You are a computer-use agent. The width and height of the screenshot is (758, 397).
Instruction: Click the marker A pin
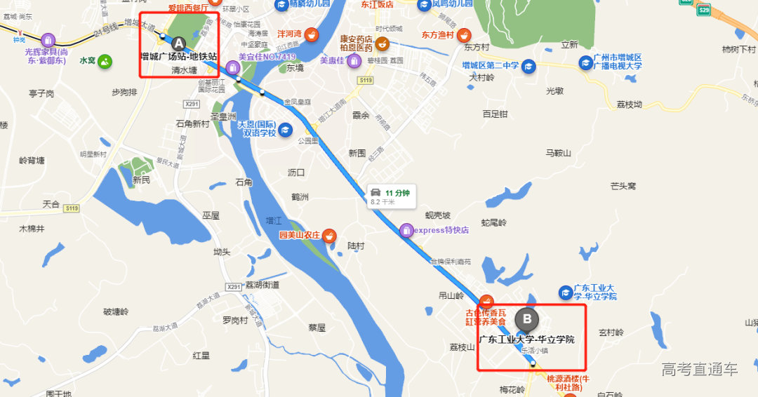(178, 43)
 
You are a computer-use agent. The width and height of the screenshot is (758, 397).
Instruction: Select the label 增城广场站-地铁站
(178, 56)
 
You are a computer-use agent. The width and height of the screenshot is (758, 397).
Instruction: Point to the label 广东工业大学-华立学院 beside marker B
(526, 340)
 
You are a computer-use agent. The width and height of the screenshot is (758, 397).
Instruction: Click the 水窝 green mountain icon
(105, 61)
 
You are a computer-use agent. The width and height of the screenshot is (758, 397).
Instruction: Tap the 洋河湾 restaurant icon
(311, 34)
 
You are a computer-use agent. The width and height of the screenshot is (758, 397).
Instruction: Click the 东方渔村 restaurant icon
(463, 34)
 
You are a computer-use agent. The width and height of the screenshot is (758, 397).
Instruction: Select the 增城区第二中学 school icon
(528, 66)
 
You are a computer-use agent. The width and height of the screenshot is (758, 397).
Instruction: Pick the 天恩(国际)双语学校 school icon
(285, 129)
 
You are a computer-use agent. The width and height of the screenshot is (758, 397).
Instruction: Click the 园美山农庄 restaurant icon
(328, 235)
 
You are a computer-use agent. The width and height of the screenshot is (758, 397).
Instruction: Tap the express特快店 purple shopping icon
(406, 229)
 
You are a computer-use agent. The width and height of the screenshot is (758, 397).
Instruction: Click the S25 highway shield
(704, 10)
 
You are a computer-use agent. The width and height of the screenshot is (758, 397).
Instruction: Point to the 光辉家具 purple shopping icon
(48, 39)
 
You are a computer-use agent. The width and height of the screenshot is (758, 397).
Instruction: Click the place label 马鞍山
(559, 153)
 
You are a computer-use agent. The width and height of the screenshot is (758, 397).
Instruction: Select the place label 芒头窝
(623, 186)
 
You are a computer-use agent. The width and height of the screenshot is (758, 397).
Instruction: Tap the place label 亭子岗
(41, 93)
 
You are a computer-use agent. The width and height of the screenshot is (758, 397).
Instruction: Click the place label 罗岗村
(235, 321)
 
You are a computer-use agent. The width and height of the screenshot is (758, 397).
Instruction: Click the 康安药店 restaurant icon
(382, 44)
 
